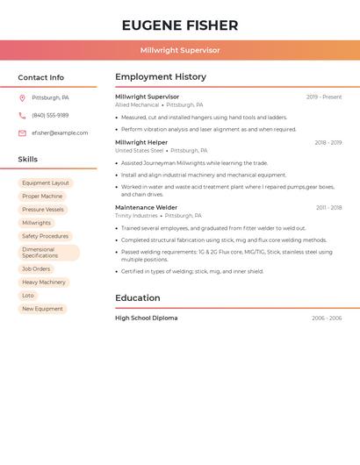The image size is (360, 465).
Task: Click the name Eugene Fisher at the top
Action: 180,25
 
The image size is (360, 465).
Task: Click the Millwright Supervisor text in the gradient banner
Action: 180,50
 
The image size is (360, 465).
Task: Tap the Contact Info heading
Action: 41,77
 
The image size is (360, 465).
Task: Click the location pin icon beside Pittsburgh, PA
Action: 22,98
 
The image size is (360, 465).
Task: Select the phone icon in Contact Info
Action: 22,116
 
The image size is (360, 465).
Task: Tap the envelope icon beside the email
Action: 22,133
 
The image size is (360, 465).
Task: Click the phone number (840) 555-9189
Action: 50,116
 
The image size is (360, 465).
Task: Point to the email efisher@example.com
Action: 60,133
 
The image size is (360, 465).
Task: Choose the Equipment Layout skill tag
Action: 46,183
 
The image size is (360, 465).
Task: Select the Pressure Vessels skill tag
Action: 43,210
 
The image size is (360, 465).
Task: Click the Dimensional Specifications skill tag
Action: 48,253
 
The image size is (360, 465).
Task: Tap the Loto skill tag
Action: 28,296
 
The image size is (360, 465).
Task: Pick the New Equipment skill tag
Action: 42,309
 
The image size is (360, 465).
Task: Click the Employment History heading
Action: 161,77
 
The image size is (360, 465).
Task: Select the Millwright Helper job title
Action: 141,142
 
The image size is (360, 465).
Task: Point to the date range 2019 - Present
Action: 324,97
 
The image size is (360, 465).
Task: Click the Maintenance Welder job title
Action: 146,208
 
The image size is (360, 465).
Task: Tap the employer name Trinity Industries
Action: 136,216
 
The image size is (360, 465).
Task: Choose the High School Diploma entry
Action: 146,318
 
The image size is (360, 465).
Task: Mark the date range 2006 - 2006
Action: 327,318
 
